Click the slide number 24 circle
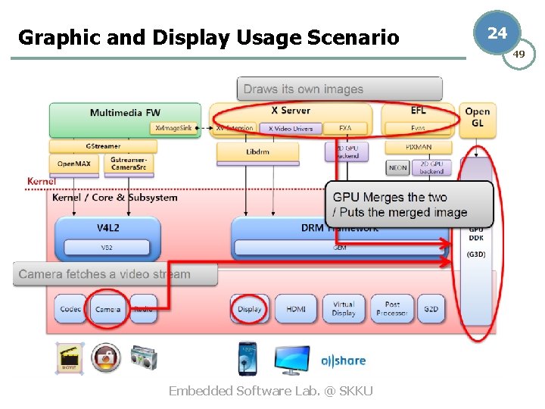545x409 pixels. (x=497, y=33)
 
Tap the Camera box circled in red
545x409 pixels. (x=107, y=309)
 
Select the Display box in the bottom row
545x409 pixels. (x=249, y=309)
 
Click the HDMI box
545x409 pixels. (x=295, y=309)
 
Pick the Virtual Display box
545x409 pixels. (x=344, y=309)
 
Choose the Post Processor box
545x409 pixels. (x=391, y=309)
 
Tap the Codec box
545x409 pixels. (x=70, y=309)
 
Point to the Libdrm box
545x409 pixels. (x=257, y=151)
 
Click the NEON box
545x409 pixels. (x=397, y=167)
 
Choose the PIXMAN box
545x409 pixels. (x=418, y=147)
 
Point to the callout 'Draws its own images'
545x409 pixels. (x=304, y=89)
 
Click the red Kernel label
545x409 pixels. (x=41, y=181)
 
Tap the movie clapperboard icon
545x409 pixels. (x=70, y=357)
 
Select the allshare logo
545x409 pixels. (x=343, y=361)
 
